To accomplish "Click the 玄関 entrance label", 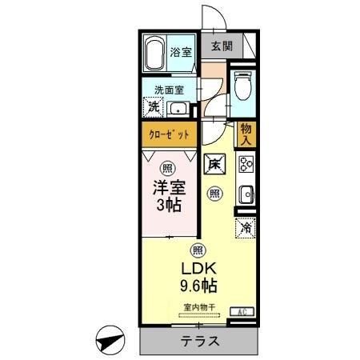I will tap(222, 46).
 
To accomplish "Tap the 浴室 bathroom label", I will tap(181, 53).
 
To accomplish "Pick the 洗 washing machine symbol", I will tap(153, 107).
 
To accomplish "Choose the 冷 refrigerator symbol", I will tap(246, 228).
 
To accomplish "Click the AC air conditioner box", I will tap(241, 311).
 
